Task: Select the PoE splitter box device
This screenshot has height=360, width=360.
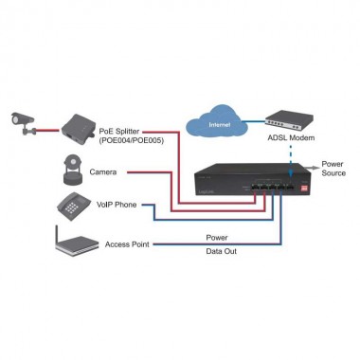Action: click(x=79, y=121)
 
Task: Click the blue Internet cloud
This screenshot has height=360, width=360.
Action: click(x=218, y=124)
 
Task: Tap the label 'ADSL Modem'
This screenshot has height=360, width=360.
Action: click(x=291, y=139)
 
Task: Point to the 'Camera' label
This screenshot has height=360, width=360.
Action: click(x=104, y=171)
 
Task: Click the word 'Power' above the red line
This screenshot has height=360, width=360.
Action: click(x=216, y=238)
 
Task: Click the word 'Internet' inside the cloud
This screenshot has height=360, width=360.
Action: click(x=218, y=125)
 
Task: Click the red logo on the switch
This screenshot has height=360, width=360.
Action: click(x=303, y=189)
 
